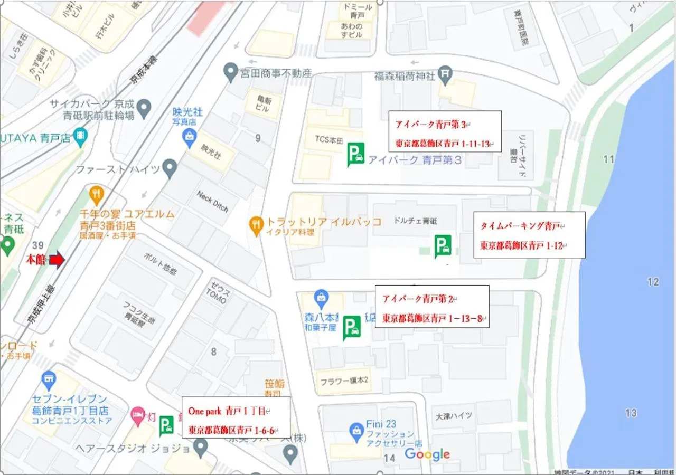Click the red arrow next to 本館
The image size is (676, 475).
coord(57,260)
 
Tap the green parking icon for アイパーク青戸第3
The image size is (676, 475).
coord(355,154)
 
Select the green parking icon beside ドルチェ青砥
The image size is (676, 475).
coord(443,246)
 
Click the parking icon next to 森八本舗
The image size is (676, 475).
coord(352,327)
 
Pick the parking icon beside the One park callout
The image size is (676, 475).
coord(167,425)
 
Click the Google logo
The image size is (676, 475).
coord(427,454)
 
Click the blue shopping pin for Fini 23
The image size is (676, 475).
coord(356,430)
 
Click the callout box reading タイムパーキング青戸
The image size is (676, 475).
coord(529,235)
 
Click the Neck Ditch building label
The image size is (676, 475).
coord(212,201)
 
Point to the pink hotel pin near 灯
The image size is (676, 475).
coord(138,414)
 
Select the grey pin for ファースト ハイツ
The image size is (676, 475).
coord(169,169)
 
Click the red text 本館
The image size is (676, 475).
coord(36,260)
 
